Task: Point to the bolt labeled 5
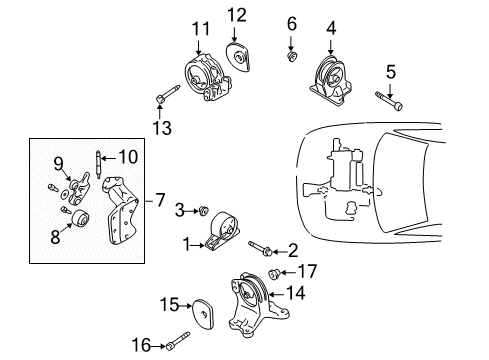coord(390,100)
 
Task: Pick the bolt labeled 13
coord(166,98)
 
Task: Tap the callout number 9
coord(58,162)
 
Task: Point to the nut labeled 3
coord(202,211)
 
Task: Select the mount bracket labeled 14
coord(252,302)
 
